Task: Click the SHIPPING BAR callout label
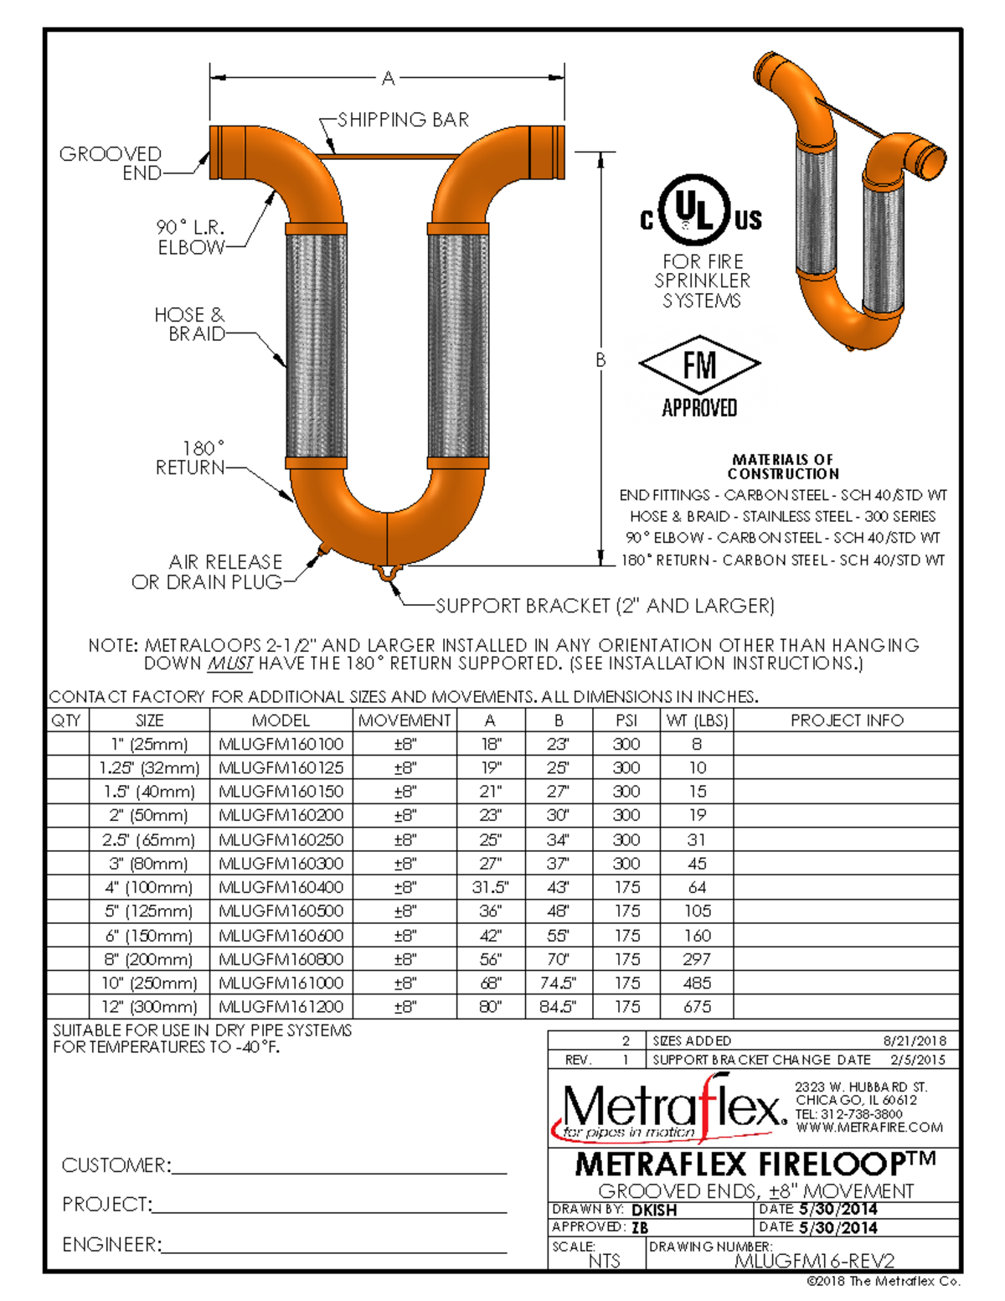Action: pos(403,120)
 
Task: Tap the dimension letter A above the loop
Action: pos(388,79)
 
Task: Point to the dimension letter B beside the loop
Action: pos(600,360)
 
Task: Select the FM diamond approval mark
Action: pos(699,365)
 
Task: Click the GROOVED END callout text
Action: pos(111,163)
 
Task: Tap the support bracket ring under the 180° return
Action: pos(386,573)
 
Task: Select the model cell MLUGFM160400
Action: pos(281,887)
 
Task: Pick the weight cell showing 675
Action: pos(697,1006)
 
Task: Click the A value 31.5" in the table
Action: pos(490,887)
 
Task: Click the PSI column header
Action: pos(626,720)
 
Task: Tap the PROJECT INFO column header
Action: pos(847,720)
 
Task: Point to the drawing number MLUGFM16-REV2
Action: pos(814,1261)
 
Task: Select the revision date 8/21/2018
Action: pos(915,1040)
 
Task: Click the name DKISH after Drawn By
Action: pos(654,1211)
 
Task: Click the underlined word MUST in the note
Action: pos(230,664)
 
